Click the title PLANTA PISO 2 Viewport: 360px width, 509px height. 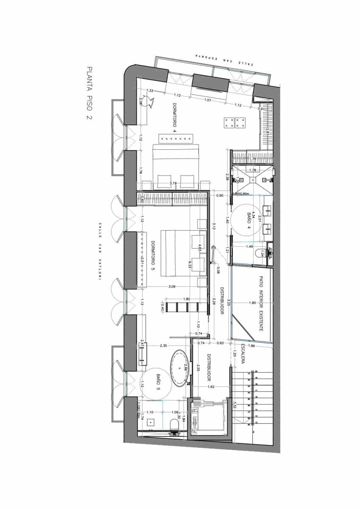point(89,94)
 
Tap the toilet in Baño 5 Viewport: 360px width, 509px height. point(173,425)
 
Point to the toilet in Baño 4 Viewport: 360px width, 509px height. point(260,254)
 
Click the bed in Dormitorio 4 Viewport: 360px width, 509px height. point(175,167)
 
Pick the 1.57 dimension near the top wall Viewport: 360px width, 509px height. point(208,100)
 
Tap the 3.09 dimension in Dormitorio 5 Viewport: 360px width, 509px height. point(172,287)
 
